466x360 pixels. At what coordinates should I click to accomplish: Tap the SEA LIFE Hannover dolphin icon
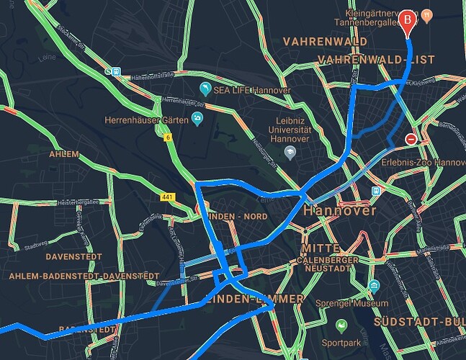205,89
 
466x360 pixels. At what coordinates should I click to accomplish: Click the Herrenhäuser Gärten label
146,120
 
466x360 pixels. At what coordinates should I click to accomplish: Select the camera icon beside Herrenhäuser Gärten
197,117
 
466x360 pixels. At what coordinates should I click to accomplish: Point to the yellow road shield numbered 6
167,137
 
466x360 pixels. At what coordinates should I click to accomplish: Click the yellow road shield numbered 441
167,197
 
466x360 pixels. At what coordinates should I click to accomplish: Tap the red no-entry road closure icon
411,139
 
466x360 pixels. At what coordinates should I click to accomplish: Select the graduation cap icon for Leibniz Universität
290,152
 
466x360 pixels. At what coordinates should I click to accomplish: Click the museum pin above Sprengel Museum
374,287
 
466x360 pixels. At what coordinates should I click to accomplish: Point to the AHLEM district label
65,154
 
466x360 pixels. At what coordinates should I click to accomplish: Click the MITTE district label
315,248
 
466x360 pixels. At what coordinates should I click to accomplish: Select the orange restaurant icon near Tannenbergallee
426,14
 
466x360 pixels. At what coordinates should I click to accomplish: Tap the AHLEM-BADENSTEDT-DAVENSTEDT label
85,276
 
